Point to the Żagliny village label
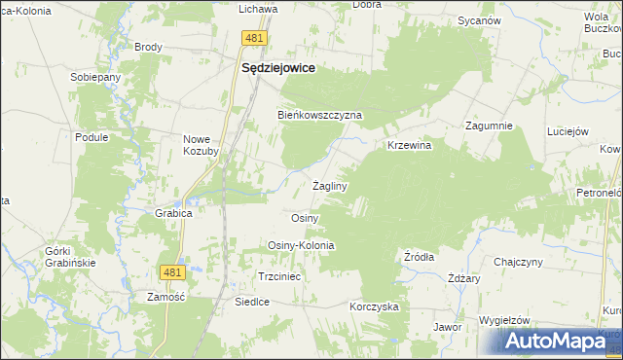click(330, 185)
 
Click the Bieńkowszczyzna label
click(320, 115)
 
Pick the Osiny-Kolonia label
click(301, 245)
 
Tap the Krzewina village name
click(409, 145)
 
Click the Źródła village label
click(419, 257)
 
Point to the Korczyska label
click(375, 306)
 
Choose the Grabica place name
click(173, 212)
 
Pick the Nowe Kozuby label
click(202, 145)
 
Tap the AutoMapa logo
click(558, 341)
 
